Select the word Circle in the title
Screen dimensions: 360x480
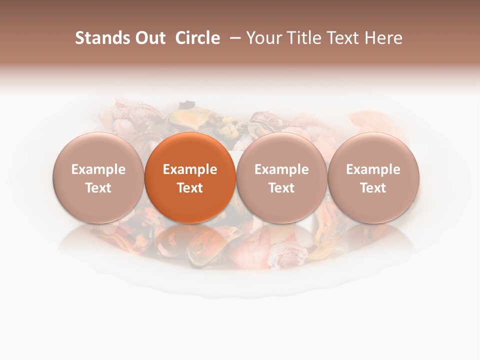197,38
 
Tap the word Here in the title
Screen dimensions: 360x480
385,38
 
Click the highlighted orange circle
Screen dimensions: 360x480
190,177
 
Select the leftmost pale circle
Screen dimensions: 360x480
98,177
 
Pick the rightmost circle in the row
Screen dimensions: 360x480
373,177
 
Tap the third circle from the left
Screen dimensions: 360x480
281,177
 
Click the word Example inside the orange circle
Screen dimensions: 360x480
190,169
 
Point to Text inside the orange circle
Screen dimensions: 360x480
190,188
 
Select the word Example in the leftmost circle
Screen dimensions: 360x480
98,169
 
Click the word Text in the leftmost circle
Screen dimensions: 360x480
98,188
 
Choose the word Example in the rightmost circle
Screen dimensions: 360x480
373,169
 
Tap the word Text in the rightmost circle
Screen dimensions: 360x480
373,188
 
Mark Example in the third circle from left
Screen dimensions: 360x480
281,169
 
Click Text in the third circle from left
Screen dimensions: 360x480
281,188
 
